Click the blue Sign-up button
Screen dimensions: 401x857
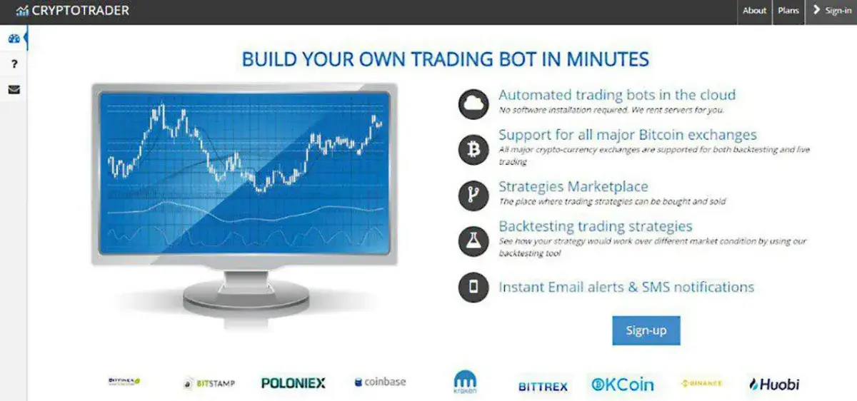pos(646,330)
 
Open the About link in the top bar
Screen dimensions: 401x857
pos(754,11)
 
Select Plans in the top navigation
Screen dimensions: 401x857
pos(788,11)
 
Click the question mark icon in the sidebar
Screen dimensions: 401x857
pos(14,64)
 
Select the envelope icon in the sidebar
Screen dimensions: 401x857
pos(14,90)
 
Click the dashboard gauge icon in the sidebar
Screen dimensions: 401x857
pos(14,39)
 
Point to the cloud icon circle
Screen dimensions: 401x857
pos(473,104)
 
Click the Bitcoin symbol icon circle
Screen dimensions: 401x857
pos(473,149)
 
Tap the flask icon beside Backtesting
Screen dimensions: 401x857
pos(473,242)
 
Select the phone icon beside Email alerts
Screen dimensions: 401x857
pos(473,287)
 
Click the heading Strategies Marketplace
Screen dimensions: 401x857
pos(573,187)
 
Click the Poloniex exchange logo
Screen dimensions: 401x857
pos(293,383)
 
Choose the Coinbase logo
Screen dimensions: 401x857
pos(380,382)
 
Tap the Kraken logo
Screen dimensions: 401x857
pos(465,382)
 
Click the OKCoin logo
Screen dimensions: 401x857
pos(622,384)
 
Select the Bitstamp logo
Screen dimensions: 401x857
pos(209,383)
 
